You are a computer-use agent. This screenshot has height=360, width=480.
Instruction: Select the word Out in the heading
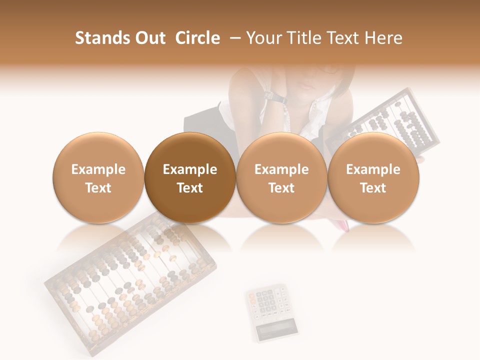pyautogui.click(x=148, y=38)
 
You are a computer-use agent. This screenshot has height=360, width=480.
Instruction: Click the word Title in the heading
pyautogui.click(x=302, y=38)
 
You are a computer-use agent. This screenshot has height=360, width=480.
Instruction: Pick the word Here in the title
pyautogui.click(x=383, y=38)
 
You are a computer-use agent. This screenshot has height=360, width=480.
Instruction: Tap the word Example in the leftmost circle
pyautogui.click(x=98, y=169)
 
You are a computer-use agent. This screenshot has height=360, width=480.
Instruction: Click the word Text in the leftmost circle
pyautogui.click(x=98, y=188)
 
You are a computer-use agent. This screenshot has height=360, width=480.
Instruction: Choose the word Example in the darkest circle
pyautogui.click(x=189, y=169)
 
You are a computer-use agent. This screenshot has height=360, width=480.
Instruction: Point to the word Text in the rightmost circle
pyautogui.click(x=373, y=188)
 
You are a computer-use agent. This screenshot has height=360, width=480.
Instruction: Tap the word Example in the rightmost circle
pyautogui.click(x=373, y=169)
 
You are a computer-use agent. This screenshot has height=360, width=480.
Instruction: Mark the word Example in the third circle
pyautogui.click(x=281, y=169)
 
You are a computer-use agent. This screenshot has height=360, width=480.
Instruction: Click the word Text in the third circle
pyautogui.click(x=281, y=188)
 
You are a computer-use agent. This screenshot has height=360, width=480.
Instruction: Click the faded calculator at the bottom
pyautogui.click(x=270, y=310)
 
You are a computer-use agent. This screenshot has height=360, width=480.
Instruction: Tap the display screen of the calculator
pyautogui.click(x=276, y=328)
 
